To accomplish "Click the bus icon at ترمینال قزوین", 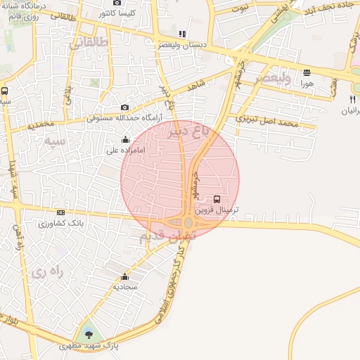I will pyautogui.click(x=217, y=200).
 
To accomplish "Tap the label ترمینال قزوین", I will pyautogui.click(x=217, y=210).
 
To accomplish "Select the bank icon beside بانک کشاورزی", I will pyautogui.click(x=61, y=212).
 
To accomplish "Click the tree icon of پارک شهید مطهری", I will pyautogui.click(x=89, y=335).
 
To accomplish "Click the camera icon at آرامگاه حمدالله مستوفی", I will pyautogui.click(x=125, y=107).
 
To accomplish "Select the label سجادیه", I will pyautogui.click(x=126, y=287).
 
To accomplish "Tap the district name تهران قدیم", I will pyautogui.click(x=162, y=238).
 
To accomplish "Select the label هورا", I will pyautogui.click(x=306, y=83).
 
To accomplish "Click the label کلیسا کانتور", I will pyautogui.click(x=124, y=13).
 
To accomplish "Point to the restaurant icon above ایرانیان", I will pyautogui.click(x=352, y=99).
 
